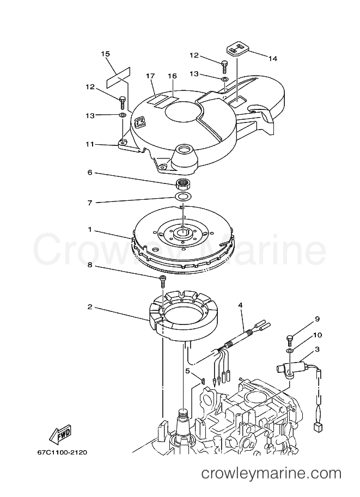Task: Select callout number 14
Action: tap(272, 58)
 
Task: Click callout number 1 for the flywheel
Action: tap(90, 230)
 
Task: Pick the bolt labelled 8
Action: tap(162, 280)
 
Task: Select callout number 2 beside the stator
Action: tap(90, 307)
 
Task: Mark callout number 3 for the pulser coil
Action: tap(317, 349)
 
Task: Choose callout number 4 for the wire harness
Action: tap(240, 305)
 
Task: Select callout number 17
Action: tap(150, 76)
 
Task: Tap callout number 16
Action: tap(172, 76)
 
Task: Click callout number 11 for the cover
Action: tap(90, 144)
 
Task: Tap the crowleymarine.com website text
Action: tap(272, 482)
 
